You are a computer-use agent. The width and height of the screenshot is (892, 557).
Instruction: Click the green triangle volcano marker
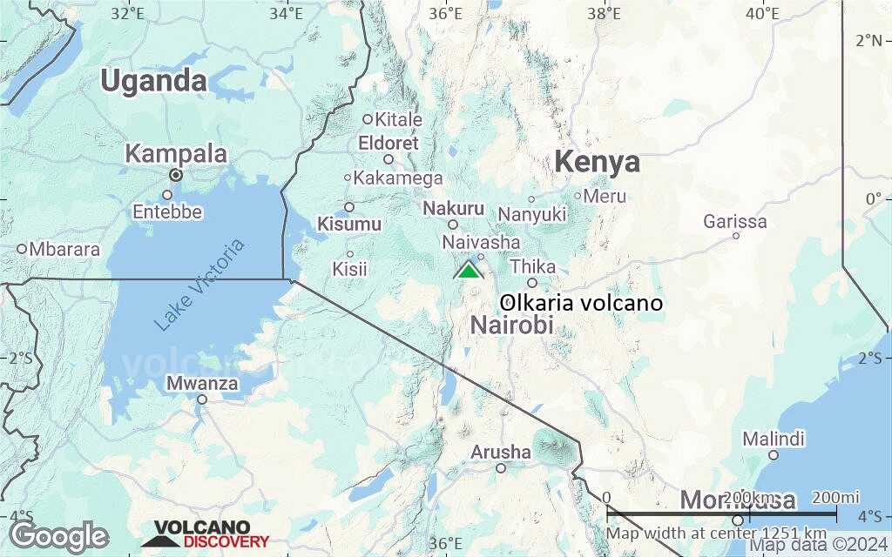tap(469, 270)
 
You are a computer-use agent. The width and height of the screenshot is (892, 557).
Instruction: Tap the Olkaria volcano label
tap(582, 304)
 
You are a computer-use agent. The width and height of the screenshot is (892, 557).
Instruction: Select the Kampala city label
tap(176, 155)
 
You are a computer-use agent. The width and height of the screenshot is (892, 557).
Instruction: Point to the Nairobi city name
tap(511, 325)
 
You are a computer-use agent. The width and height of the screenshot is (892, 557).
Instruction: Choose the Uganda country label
tap(153, 81)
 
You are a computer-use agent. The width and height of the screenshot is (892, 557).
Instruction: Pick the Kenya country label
tap(597, 162)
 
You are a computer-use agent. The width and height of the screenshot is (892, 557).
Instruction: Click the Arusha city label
tap(500, 453)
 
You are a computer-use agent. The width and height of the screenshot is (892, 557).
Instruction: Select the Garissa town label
tap(735, 222)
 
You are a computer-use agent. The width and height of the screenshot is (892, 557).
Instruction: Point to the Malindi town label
tap(774, 439)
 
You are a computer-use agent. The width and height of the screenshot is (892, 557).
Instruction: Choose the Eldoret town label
tap(389, 143)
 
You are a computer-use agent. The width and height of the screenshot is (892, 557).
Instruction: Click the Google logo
tap(59, 536)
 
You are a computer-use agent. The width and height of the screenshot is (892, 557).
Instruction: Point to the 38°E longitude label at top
tap(604, 13)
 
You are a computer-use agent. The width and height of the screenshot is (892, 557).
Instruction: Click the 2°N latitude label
tap(869, 40)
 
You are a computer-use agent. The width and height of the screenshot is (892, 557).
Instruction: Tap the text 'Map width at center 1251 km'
tap(716, 533)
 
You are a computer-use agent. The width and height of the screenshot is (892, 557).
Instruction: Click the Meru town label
tap(605, 197)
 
